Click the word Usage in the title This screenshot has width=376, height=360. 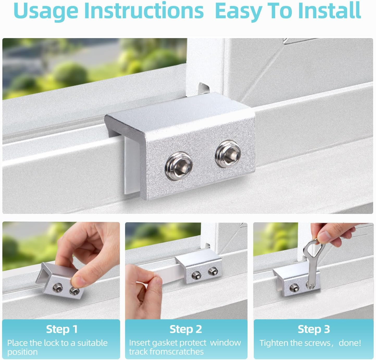click(x=46, y=11)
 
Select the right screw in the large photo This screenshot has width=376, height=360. click(x=228, y=154)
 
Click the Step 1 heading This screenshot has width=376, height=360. click(x=62, y=329)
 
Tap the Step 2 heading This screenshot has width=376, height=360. click(x=186, y=329)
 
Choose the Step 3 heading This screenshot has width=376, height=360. click(x=314, y=329)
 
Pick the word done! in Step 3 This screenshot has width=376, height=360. click(x=350, y=343)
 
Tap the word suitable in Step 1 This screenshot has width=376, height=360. click(x=92, y=343)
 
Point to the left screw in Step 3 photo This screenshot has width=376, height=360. click(x=294, y=289)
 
